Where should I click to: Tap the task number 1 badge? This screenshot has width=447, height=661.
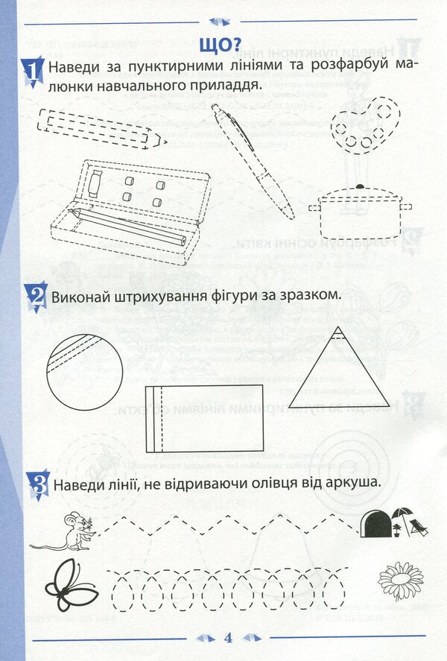pyautogui.click(x=32, y=71)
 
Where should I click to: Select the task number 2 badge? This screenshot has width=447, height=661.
pyautogui.click(x=34, y=296)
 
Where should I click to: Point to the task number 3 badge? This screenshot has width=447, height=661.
pyautogui.click(x=36, y=484)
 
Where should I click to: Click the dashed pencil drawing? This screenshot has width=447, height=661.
pyautogui.click(x=101, y=127)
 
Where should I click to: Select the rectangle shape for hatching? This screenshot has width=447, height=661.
pyautogui.click(x=203, y=418)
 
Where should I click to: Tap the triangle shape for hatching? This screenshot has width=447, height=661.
pyautogui.click(x=339, y=372)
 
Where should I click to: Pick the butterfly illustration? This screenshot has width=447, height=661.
pyautogui.click(x=71, y=585)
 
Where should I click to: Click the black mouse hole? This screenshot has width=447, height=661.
pyautogui.click(x=375, y=524)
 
